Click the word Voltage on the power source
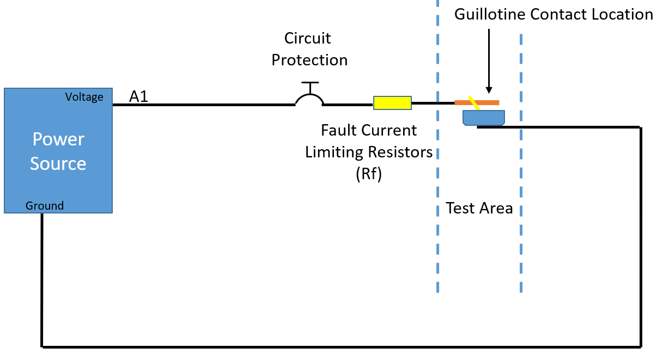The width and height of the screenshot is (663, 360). [84, 97]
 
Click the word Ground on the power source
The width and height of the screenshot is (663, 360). [44, 205]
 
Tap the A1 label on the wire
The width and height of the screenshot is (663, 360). [138, 96]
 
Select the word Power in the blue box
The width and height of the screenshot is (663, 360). [58, 139]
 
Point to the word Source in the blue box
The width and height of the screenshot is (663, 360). [58, 163]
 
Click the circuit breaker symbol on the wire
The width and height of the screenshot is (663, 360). [309, 94]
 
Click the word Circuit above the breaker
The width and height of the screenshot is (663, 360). [307, 38]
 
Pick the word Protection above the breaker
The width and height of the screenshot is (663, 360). [309, 60]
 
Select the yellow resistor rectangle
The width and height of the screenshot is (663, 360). [392, 103]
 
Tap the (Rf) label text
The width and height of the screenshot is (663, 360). [369, 174]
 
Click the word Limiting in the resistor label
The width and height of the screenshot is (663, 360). [334, 152]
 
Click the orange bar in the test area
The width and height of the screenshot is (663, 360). [477, 102]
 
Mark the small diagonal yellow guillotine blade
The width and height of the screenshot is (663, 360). [474, 103]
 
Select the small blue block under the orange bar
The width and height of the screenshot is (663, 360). [484, 118]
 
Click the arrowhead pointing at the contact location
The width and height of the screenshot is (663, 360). [489, 90]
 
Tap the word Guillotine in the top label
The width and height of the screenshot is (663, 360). [490, 14]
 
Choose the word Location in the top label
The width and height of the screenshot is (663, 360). [622, 14]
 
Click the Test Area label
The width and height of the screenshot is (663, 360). [479, 208]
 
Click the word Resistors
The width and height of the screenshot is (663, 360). [400, 152]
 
